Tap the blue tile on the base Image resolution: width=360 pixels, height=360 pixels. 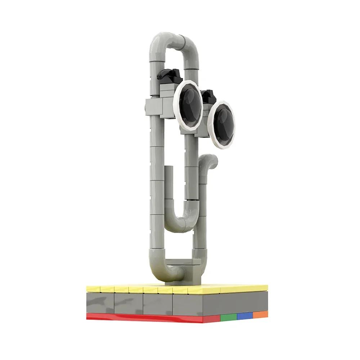pyautogui.click(x=245, y=316)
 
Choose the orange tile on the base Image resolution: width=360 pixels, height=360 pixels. pyautogui.click(x=260, y=314)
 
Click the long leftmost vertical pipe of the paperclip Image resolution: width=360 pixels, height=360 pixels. pyautogui.click(x=156, y=180)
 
